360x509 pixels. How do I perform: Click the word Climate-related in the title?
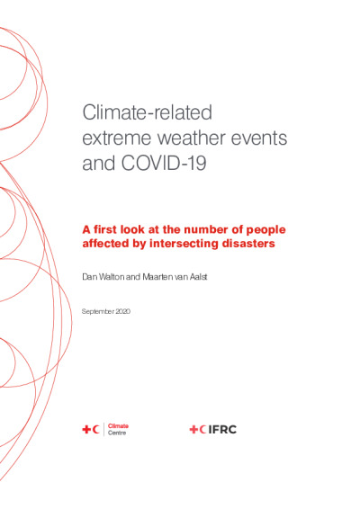(x=148, y=112)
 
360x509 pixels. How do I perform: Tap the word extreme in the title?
(x=117, y=138)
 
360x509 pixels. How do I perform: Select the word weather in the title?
(x=192, y=138)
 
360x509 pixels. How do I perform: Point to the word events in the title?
(x=259, y=138)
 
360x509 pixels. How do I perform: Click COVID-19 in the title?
(x=164, y=163)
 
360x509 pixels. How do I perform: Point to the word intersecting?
(x=184, y=244)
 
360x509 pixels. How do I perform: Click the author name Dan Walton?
(x=103, y=277)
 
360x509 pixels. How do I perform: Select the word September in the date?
(x=98, y=312)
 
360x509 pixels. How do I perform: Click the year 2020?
(x=122, y=311)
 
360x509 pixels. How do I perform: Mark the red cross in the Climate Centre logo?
(x=86, y=430)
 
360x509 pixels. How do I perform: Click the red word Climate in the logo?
(x=118, y=426)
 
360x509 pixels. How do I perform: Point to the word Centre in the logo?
(x=117, y=433)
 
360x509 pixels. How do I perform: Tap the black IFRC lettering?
(x=222, y=430)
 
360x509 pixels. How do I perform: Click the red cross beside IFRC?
(x=193, y=430)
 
